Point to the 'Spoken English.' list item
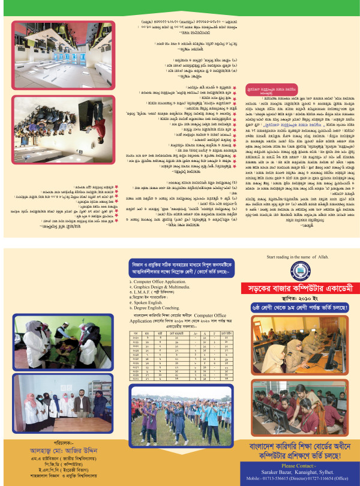coord(151,302)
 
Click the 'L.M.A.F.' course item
coord(153,292)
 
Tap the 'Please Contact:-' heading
coord(298,466)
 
